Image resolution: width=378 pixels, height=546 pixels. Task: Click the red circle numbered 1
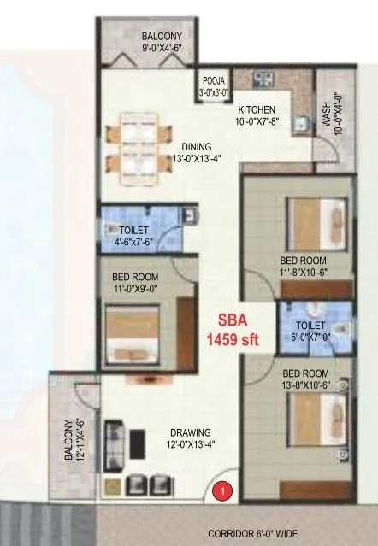pyautogui.click(x=222, y=491)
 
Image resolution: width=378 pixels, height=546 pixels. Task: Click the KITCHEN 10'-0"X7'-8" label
pyautogui.click(x=257, y=115)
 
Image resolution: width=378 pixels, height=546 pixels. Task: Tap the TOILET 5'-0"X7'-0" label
pyautogui.click(x=308, y=331)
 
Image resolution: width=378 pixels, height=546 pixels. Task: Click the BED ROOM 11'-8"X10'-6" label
pyautogui.click(x=302, y=266)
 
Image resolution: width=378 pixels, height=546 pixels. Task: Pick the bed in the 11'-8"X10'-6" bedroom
pyautogui.click(x=313, y=220)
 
